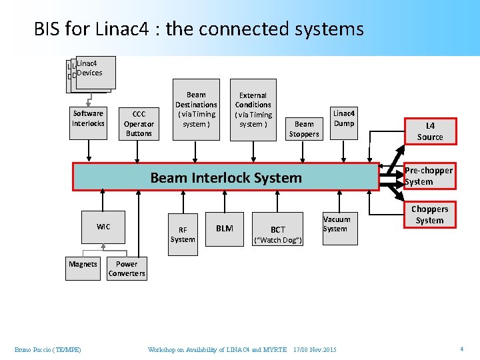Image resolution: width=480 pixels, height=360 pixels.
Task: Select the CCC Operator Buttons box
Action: pyautogui.click(x=139, y=123)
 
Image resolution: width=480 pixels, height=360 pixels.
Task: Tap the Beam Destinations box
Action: pyautogui.click(x=196, y=109)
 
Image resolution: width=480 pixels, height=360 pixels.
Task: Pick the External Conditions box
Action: pyautogui.click(x=253, y=109)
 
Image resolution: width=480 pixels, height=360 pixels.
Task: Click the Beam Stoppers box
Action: pyautogui.click(x=304, y=129)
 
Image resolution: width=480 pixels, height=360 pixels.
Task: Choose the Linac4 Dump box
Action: pyautogui.click(x=344, y=119)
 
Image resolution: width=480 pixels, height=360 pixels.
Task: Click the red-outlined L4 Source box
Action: pyautogui.click(x=430, y=131)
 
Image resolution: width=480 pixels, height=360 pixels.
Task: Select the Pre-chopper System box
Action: pyautogui.click(x=429, y=176)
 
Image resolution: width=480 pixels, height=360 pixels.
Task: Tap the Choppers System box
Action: pyautogui.click(x=429, y=215)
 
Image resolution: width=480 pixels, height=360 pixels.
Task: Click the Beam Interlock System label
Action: pyautogui.click(x=226, y=178)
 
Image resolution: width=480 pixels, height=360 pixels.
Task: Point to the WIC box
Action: pyautogui.click(x=103, y=227)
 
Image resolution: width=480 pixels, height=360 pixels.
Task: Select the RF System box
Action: pyautogui.click(x=183, y=235)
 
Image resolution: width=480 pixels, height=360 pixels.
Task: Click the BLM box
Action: pyautogui.click(x=225, y=228)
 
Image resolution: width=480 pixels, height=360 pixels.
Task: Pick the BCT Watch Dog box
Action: pyautogui.click(x=278, y=234)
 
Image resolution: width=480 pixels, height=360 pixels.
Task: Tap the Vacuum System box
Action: pyautogui.click(x=336, y=224)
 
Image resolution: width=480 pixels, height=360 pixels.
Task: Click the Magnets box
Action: pyautogui.click(x=83, y=264)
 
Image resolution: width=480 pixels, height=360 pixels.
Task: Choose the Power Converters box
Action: pyautogui.click(x=127, y=269)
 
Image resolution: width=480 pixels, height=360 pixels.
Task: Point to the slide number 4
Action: pyautogui.click(x=461, y=349)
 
